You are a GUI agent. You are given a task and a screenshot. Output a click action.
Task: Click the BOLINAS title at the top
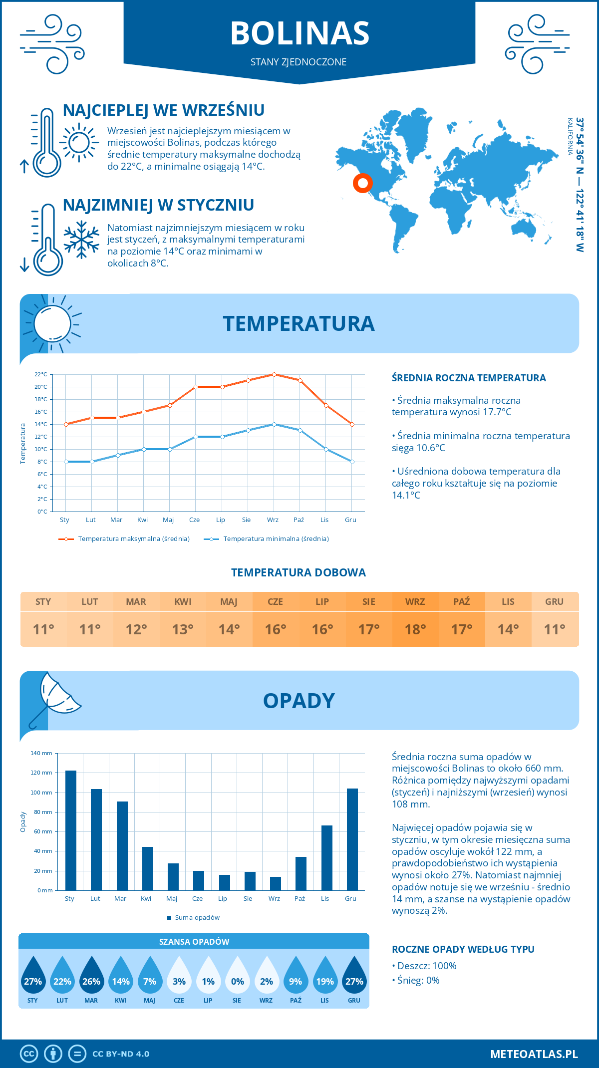click(x=299, y=33)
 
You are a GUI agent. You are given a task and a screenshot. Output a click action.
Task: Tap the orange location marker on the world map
click(x=363, y=183)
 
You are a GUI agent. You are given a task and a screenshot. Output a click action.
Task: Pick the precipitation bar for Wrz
click(x=276, y=883)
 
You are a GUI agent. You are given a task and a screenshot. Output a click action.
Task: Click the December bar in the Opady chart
click(x=352, y=839)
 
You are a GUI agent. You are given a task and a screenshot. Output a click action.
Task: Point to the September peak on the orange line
click(x=274, y=374)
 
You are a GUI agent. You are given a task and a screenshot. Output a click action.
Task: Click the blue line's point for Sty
click(x=66, y=462)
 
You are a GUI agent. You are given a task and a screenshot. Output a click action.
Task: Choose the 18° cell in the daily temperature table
click(x=415, y=629)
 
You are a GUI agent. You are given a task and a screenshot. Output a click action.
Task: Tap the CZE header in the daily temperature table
click(x=276, y=602)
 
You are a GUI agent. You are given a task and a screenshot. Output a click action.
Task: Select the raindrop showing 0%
click(x=237, y=975)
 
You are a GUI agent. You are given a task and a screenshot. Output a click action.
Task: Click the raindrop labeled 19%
click(x=325, y=975)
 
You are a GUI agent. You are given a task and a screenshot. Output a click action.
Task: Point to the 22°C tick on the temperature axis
click(x=41, y=374)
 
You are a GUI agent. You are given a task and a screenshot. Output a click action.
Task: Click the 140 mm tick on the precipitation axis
click(x=42, y=753)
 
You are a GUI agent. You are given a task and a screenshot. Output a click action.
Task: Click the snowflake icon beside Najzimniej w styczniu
click(x=81, y=240)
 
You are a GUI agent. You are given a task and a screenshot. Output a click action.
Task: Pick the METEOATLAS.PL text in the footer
click(x=534, y=1054)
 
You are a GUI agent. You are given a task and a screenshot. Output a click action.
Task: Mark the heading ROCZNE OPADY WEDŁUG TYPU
click(x=463, y=949)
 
